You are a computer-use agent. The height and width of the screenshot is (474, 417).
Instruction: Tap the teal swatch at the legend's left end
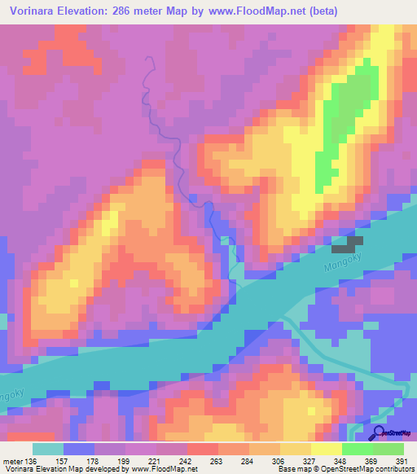pos(48,449)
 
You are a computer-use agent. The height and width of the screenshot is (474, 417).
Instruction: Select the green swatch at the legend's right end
pos(388,449)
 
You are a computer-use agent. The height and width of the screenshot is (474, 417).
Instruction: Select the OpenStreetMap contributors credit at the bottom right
pos(367,468)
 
